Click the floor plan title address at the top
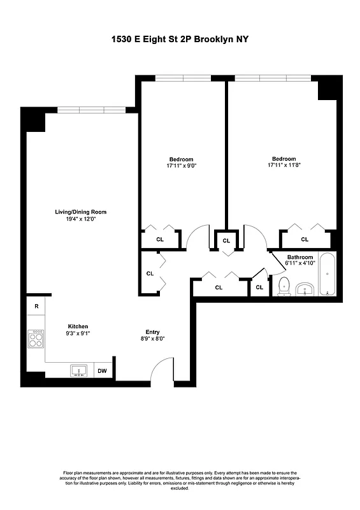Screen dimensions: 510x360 [180, 40]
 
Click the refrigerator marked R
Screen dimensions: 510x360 [36, 307]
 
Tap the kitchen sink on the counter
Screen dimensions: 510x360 [80, 370]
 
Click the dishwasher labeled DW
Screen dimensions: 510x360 [102, 370]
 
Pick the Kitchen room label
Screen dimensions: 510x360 [78, 326]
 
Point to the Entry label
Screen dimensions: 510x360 [152, 331]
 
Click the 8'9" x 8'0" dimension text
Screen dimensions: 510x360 [152, 339]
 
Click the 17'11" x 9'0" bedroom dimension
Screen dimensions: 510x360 [181, 166]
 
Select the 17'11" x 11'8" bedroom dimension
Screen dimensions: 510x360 [284, 166]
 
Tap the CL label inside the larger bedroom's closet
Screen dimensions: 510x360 [305, 240]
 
